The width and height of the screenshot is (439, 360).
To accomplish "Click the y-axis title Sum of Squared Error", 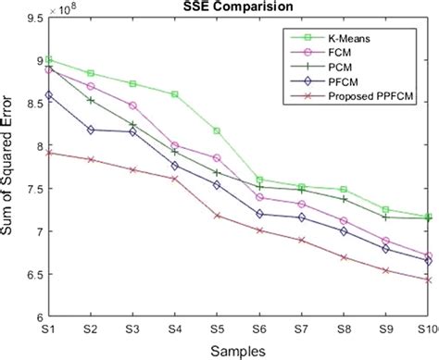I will coord(11,167).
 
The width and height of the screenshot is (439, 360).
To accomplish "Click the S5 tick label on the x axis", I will coord(217,328).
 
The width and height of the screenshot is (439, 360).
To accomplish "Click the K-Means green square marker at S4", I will coord(175,94).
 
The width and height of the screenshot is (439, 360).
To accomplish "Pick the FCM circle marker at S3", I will coord(133,106).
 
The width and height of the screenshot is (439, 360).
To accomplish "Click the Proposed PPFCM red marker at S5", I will coord(217,216).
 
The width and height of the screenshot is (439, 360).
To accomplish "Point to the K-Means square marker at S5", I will coord(217,130).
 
